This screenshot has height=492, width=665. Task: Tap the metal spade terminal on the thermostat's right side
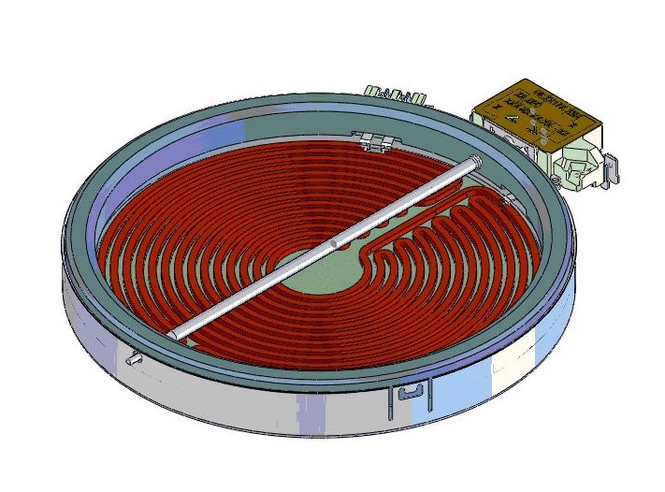(x=613, y=170)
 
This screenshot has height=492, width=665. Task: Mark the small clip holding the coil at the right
(x=506, y=198)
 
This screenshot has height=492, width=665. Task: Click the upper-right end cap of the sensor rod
(x=478, y=161)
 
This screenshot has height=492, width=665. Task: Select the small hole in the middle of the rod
(x=335, y=244)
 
